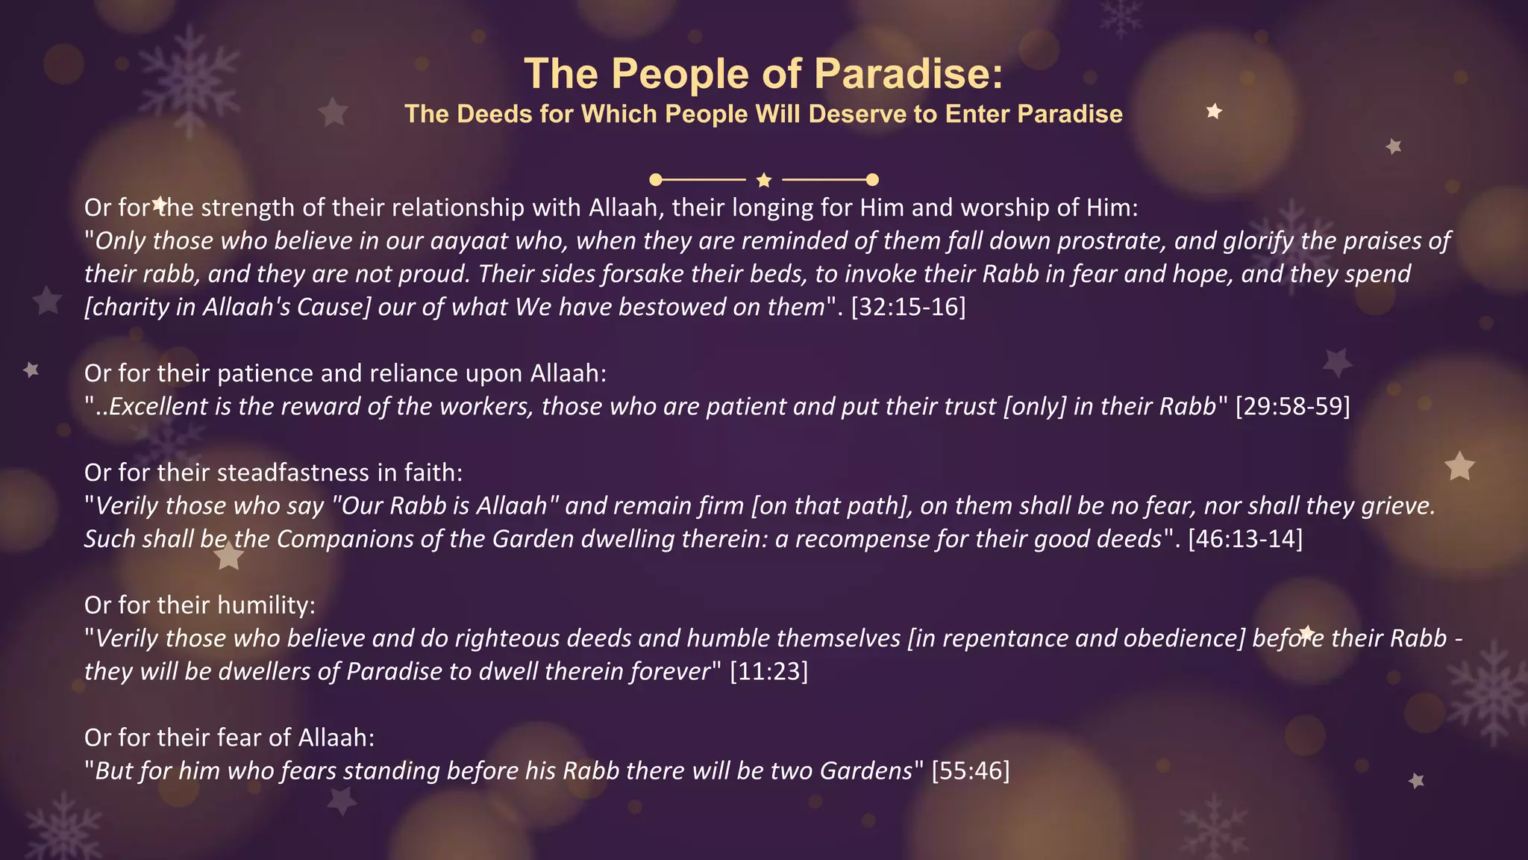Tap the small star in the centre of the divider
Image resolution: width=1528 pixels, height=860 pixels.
point(763,180)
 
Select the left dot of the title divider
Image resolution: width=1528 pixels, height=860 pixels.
point(656,179)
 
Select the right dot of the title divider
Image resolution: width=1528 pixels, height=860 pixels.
point(872,179)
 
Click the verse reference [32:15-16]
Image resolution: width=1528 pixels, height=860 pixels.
point(908,307)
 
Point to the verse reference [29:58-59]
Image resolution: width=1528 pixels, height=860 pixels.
point(1292,406)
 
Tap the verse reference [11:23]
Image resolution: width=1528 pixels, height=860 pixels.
point(768,671)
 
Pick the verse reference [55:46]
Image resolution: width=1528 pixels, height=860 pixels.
point(970,770)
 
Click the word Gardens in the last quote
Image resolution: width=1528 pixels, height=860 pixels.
point(866,770)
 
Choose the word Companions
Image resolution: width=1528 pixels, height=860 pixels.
point(345,539)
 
